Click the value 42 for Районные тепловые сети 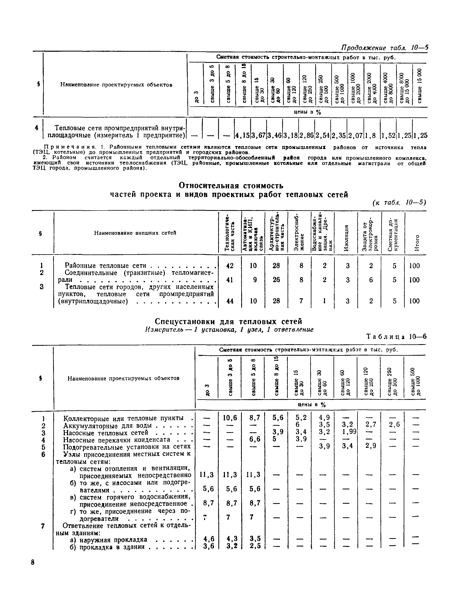(x=230, y=266)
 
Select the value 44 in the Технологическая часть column (x=230, y=301)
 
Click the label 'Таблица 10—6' (x=396, y=337)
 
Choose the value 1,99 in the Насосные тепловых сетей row (x=347, y=432)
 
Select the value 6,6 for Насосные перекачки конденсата (x=255, y=439)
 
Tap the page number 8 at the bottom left (x=33, y=563)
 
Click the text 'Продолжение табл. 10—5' (x=384, y=48)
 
